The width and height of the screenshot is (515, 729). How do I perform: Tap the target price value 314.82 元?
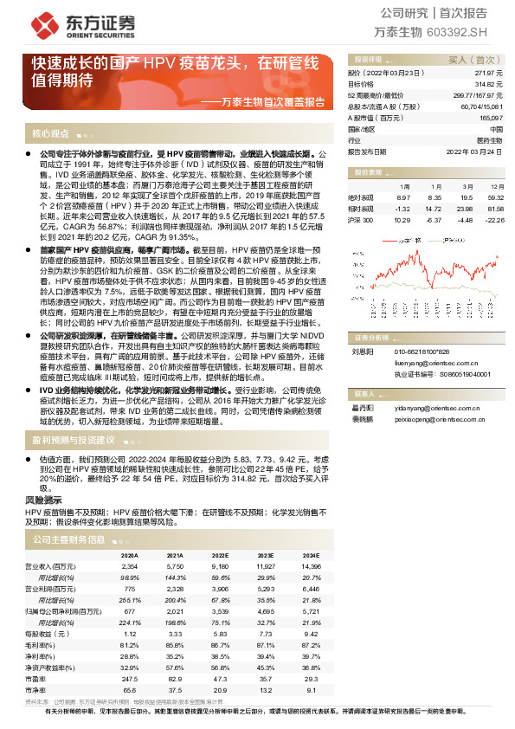[490, 84]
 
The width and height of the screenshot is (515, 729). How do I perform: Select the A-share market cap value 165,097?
[489, 116]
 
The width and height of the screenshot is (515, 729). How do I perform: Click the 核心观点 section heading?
[52, 134]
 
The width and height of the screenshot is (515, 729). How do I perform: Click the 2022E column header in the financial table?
[219, 556]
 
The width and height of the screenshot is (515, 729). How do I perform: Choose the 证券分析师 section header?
[374, 337]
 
